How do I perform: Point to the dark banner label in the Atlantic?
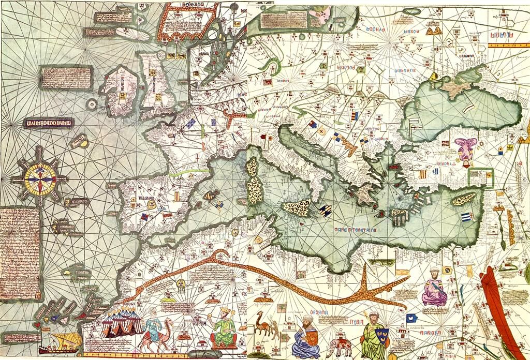pyautogui.click(x=49, y=123)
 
